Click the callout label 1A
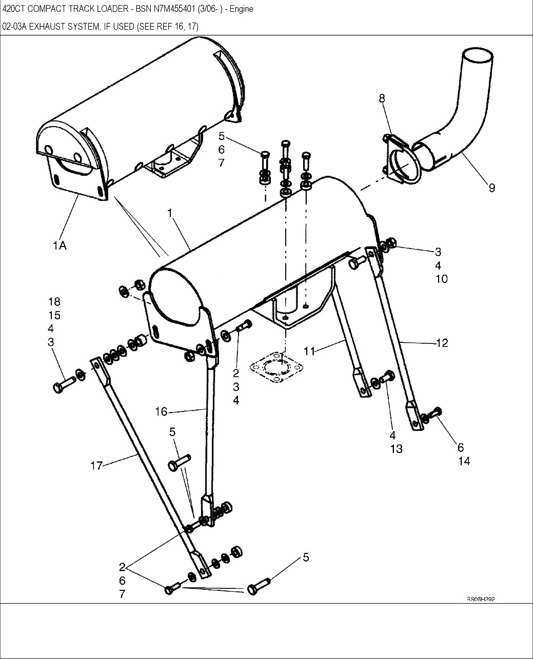tap(60, 245)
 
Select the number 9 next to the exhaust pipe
tap(491, 188)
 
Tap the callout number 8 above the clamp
tap(382, 98)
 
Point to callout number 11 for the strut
tap(309, 351)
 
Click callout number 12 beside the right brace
tap(442, 343)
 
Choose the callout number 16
tap(161, 411)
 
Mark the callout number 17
tap(96, 465)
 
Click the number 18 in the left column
tap(54, 301)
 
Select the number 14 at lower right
tap(464, 461)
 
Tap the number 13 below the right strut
tap(396, 449)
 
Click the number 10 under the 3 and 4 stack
tap(441, 279)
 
